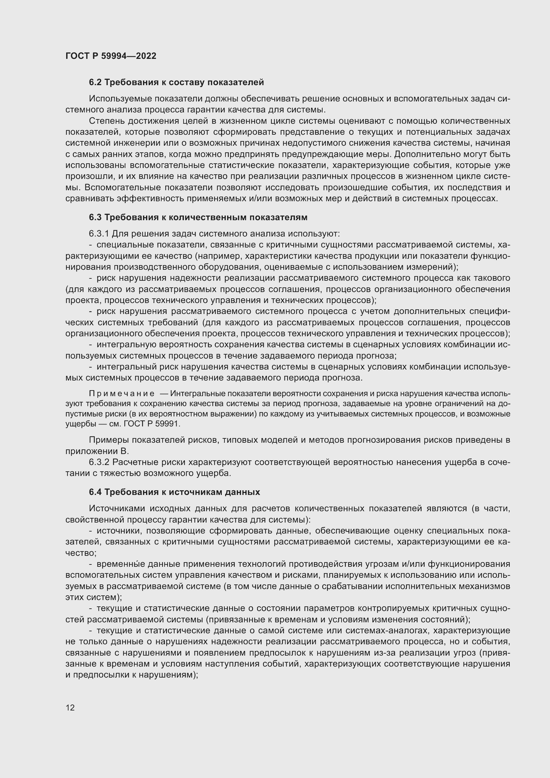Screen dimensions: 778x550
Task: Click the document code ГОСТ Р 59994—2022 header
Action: point(111,56)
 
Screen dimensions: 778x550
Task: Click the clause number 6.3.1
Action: point(99,234)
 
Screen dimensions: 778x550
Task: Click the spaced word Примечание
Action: point(122,393)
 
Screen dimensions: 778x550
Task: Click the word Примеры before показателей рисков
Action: point(109,440)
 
